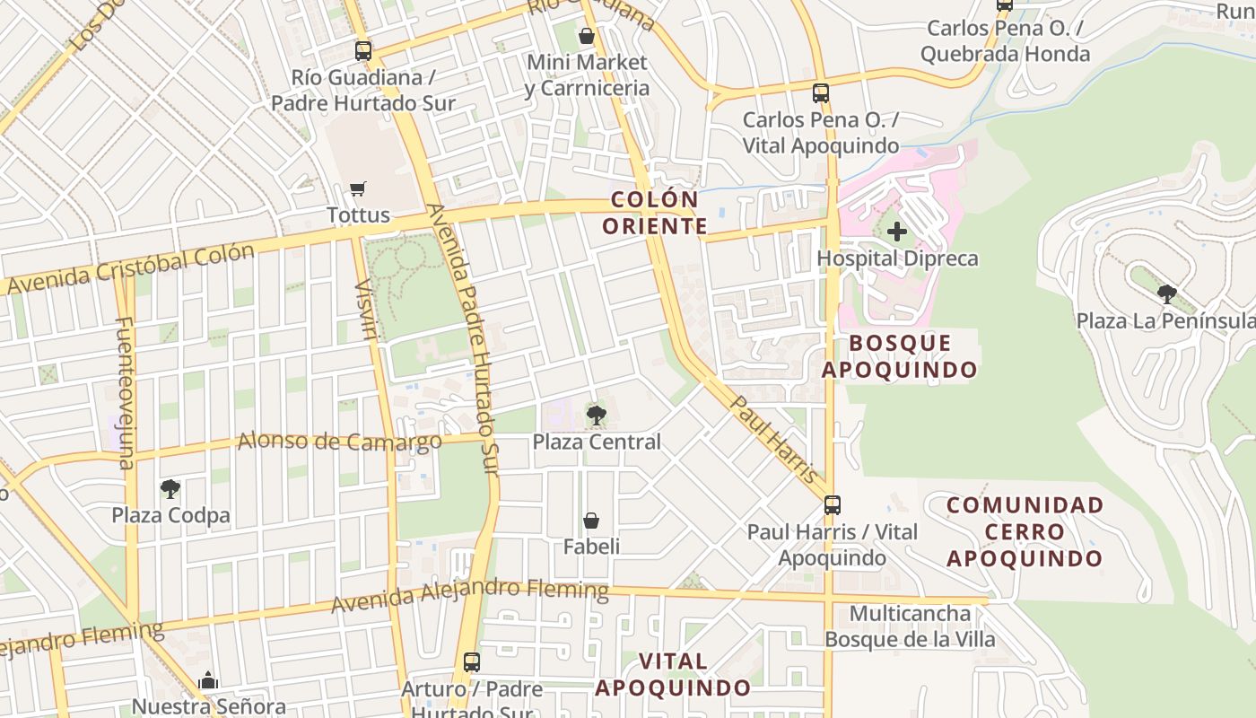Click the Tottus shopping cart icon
pyautogui.click(x=358, y=188)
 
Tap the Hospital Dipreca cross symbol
pyautogui.click(x=896, y=232)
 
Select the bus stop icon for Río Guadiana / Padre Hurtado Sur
pyautogui.click(x=362, y=50)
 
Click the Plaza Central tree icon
pyautogui.click(x=596, y=415)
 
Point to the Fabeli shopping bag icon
pyautogui.click(x=591, y=521)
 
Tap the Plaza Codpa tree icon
pyautogui.click(x=170, y=489)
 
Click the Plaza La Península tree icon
pyautogui.click(x=1166, y=293)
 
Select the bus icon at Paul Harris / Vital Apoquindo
pyautogui.click(x=833, y=504)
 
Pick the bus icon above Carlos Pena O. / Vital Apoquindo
pyautogui.click(x=820, y=92)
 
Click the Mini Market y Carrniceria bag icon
pyautogui.click(x=586, y=36)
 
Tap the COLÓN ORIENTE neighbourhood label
pyautogui.click(x=654, y=213)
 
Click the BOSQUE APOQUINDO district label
pyautogui.click(x=900, y=356)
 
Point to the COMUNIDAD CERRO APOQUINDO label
pyautogui.click(x=1025, y=531)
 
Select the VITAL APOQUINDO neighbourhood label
pyautogui.click(x=673, y=675)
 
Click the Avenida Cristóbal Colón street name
pyautogui.click(x=131, y=268)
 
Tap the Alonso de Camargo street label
pyautogui.click(x=339, y=441)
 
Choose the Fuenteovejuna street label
pyautogui.click(x=124, y=392)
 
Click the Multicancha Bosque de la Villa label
pyautogui.click(x=910, y=626)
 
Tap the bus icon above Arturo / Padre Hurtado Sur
pyautogui.click(x=471, y=662)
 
